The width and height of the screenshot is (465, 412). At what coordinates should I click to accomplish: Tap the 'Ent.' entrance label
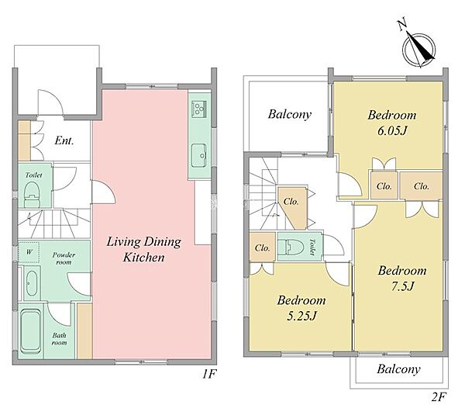tap(64, 140)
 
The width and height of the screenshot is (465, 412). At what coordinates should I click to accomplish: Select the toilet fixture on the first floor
tap(32, 194)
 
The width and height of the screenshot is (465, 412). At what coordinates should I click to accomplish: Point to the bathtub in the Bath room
tap(31, 331)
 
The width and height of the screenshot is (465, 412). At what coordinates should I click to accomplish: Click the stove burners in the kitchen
tap(198, 108)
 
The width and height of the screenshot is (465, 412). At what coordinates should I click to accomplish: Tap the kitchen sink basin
tap(198, 155)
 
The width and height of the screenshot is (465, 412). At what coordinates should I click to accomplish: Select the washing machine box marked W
tap(29, 252)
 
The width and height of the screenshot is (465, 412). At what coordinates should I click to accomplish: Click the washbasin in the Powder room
tap(32, 283)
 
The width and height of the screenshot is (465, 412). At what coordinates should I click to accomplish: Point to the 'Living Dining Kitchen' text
tap(144, 249)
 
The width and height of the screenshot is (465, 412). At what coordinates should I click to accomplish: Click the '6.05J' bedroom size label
tap(391, 130)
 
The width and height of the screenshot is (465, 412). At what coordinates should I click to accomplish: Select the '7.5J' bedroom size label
tap(402, 286)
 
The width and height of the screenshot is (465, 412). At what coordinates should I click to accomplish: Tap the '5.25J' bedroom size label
tap(301, 316)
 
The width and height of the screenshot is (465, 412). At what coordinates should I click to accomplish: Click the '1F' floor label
tap(208, 374)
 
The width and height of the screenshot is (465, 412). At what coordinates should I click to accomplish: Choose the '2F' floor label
tap(439, 396)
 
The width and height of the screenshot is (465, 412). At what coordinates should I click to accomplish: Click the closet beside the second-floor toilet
tap(262, 248)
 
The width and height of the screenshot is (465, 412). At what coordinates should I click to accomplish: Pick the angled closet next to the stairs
tap(292, 208)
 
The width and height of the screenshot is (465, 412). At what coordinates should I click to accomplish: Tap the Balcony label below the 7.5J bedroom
tap(398, 369)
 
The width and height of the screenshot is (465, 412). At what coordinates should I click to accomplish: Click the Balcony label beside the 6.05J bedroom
tap(289, 114)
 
